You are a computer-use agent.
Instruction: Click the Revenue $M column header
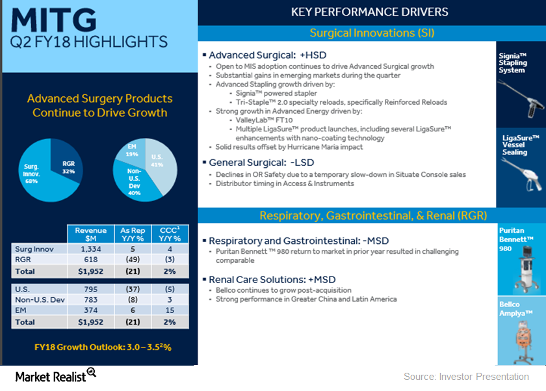coord(90,234)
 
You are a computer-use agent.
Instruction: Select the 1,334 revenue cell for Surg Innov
coord(90,248)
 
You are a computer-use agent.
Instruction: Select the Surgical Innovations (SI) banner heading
coord(371,33)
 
